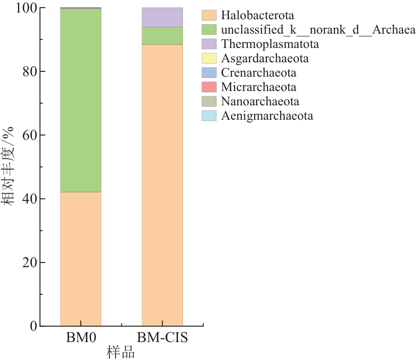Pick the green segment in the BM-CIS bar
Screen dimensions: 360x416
[162, 36]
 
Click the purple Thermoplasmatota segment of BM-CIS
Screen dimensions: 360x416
[162, 17]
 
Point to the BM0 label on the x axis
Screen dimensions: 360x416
[80, 338]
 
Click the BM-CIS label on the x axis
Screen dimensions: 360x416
[162, 338]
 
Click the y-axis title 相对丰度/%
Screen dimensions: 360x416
[10, 166]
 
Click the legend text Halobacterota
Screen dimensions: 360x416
[257, 16]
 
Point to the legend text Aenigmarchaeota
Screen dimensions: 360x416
[267, 116]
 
